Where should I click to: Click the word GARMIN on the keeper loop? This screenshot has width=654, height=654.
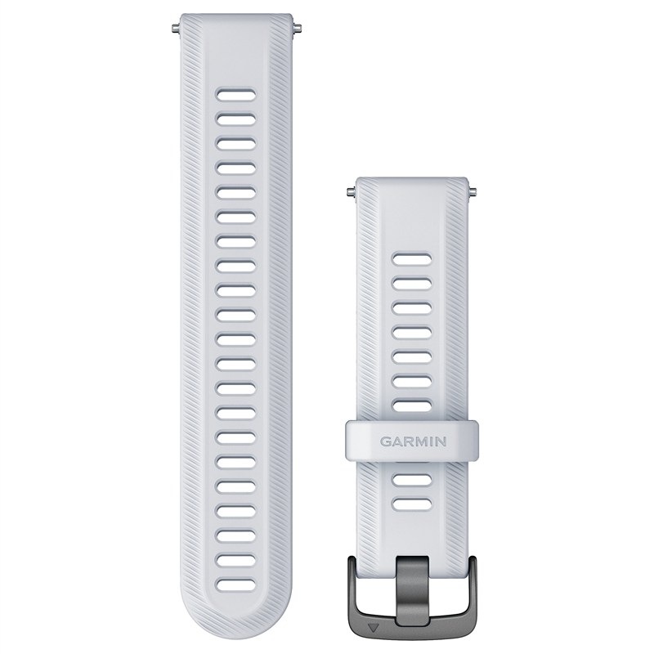click(x=413, y=441)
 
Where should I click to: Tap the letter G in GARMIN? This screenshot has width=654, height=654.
click(x=385, y=441)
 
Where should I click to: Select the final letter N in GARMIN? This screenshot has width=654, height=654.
click(x=441, y=441)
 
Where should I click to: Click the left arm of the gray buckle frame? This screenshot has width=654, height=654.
click(x=353, y=588)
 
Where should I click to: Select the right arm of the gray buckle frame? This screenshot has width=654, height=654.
click(x=472, y=588)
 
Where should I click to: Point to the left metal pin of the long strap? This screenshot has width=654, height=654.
click(x=176, y=29)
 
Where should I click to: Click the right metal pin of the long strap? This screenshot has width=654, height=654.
click(x=297, y=29)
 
